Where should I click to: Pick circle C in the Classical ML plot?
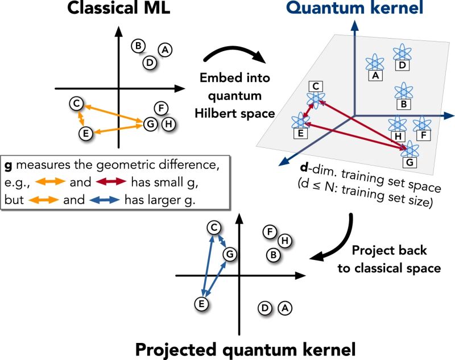pyautogui.click(x=75, y=104)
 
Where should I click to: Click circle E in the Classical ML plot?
pyautogui.click(x=85, y=133)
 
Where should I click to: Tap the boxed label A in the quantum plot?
pyautogui.click(x=375, y=75)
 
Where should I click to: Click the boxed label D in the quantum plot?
pyautogui.click(x=402, y=66)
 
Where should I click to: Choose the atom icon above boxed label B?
pyautogui.click(x=403, y=90)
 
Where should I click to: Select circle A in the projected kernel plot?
pyautogui.click(x=286, y=308)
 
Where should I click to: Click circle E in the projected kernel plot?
pyautogui.click(x=200, y=304)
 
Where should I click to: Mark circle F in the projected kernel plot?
pyautogui.click(x=271, y=231)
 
